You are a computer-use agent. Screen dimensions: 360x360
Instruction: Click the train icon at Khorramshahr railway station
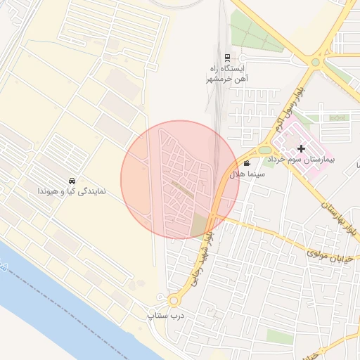(226, 58)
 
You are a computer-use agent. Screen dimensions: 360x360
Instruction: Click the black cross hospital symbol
(302, 148)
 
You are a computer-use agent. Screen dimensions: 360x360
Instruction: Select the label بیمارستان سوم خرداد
(307, 160)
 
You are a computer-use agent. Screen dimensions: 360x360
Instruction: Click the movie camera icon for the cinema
(246, 163)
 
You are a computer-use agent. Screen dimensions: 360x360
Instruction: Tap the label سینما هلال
(247, 173)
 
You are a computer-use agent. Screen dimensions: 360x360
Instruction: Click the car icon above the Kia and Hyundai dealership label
(72, 181)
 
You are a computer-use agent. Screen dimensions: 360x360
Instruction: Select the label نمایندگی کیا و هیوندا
(71, 191)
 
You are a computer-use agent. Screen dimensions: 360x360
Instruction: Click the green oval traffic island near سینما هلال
(264, 150)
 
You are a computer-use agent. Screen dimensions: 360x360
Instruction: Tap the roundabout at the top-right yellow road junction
(316, 62)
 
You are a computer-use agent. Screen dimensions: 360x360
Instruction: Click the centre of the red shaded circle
(179, 180)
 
